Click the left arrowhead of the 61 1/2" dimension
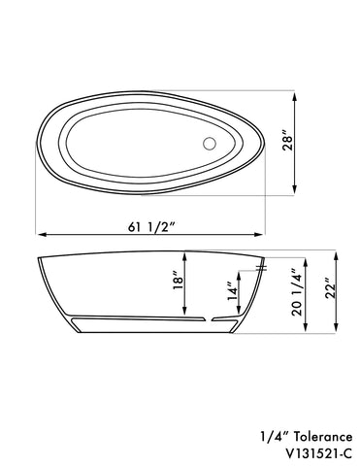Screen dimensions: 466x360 pyautogui.click(x=41, y=235)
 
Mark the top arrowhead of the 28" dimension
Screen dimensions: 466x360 pyautogui.click(x=294, y=95)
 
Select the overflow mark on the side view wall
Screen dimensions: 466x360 pyautogui.click(x=259, y=267)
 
